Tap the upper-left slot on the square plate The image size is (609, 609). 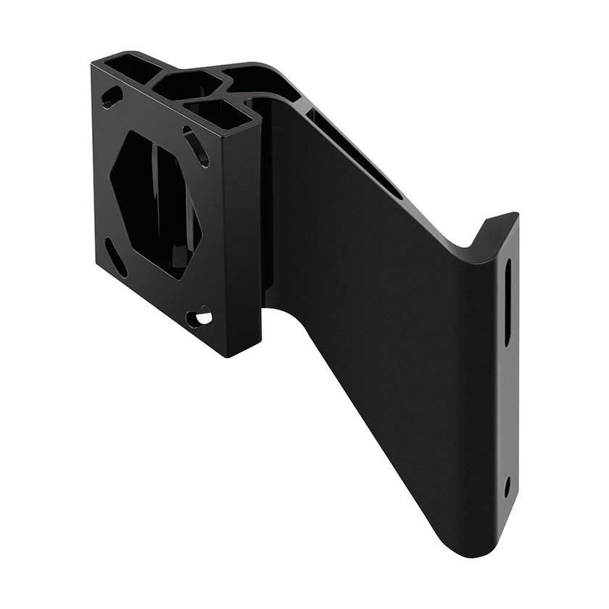(112, 96)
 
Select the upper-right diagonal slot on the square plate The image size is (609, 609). (196, 146)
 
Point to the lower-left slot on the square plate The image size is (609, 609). (115, 257)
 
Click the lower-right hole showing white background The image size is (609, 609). (200, 317)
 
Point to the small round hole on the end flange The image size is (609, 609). (507, 486)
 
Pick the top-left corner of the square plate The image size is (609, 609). (93, 65)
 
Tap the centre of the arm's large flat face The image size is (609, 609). (377, 312)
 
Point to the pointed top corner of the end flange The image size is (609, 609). (516, 214)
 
